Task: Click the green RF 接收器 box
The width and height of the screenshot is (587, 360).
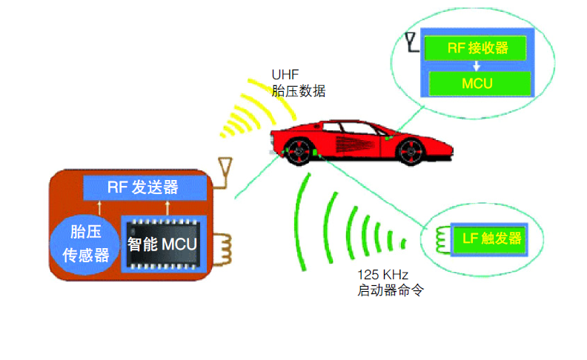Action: point(477,48)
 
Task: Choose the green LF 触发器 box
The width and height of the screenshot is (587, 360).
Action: point(491,239)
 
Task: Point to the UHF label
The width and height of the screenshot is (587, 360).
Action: point(283,74)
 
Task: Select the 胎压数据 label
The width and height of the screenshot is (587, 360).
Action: point(299,90)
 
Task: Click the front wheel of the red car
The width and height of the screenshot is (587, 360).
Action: point(299,153)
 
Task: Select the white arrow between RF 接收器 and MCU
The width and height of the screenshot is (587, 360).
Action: point(477,66)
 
